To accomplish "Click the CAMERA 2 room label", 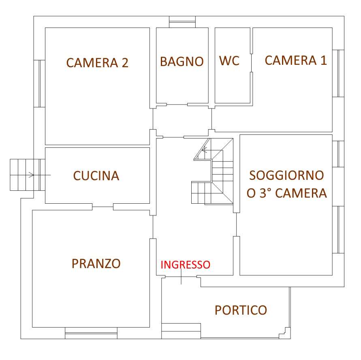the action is coord(97,63).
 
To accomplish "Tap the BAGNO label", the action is coord(182,62).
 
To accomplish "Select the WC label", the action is coord(229,61).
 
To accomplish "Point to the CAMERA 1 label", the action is coord(296,60).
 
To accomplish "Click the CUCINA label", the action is coord(96,176).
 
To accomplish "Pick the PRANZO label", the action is coord(96,264).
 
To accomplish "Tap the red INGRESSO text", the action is coord(185,265).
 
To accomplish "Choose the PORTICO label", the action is coord(241,310).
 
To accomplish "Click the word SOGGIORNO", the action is coord(286,175).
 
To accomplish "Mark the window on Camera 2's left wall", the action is coord(40,83).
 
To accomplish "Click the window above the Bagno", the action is coord(182,22).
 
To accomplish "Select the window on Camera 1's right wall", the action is coord(338,73).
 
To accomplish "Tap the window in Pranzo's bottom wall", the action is coord(91,333).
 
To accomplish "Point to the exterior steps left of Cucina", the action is coord(28,175).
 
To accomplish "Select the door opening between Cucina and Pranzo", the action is coord(103,207).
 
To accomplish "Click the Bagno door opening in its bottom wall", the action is coord(177,104).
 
